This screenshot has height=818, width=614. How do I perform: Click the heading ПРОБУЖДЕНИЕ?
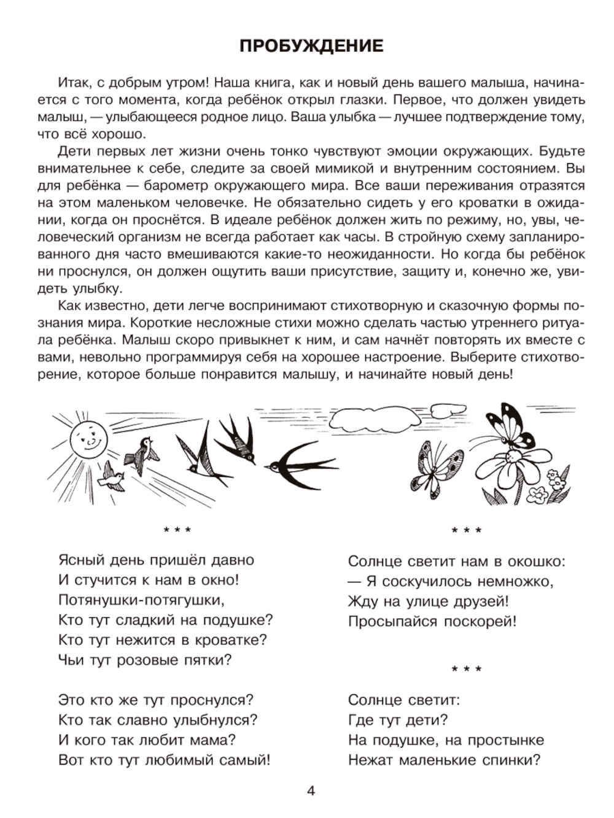(311, 46)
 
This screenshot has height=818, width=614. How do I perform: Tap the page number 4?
(311, 792)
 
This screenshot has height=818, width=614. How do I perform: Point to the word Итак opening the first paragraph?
(74, 83)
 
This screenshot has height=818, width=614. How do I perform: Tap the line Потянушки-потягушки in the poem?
(138, 600)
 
